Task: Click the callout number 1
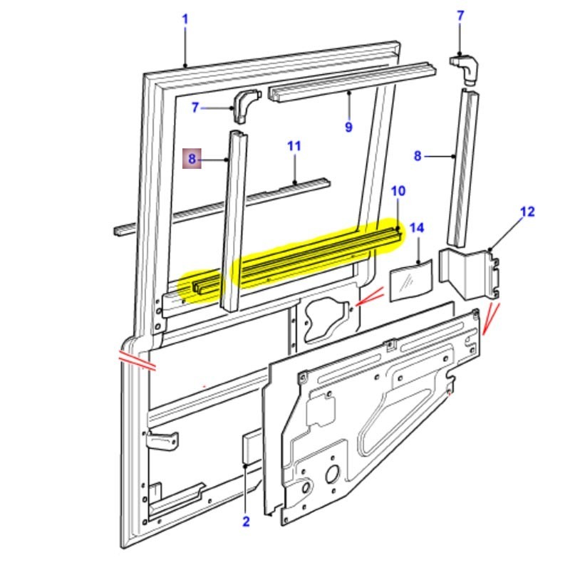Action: [x=185, y=19]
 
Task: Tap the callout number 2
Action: [x=246, y=522]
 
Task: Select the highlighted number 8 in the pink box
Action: [x=192, y=159]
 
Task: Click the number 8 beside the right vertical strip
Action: [x=418, y=156]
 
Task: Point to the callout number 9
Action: [x=348, y=127]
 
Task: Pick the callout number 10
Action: [x=398, y=191]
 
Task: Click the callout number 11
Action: [x=294, y=146]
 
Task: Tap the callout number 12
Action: [x=527, y=212]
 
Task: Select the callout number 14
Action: [x=417, y=228]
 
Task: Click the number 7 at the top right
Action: [x=460, y=16]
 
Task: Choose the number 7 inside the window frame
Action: [x=195, y=108]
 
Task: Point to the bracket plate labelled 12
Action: [x=469, y=272]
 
